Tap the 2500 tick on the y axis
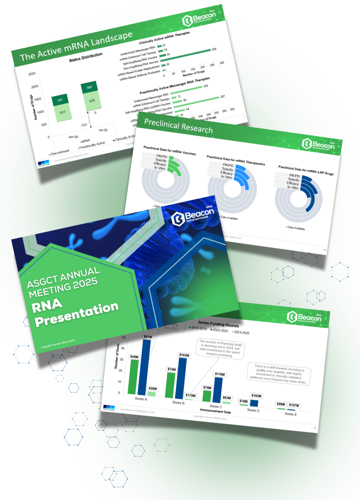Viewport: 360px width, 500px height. pos(31,74)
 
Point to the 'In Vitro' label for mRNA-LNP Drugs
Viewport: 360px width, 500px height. pos(292,187)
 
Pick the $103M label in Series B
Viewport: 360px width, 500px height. pos(184,356)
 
